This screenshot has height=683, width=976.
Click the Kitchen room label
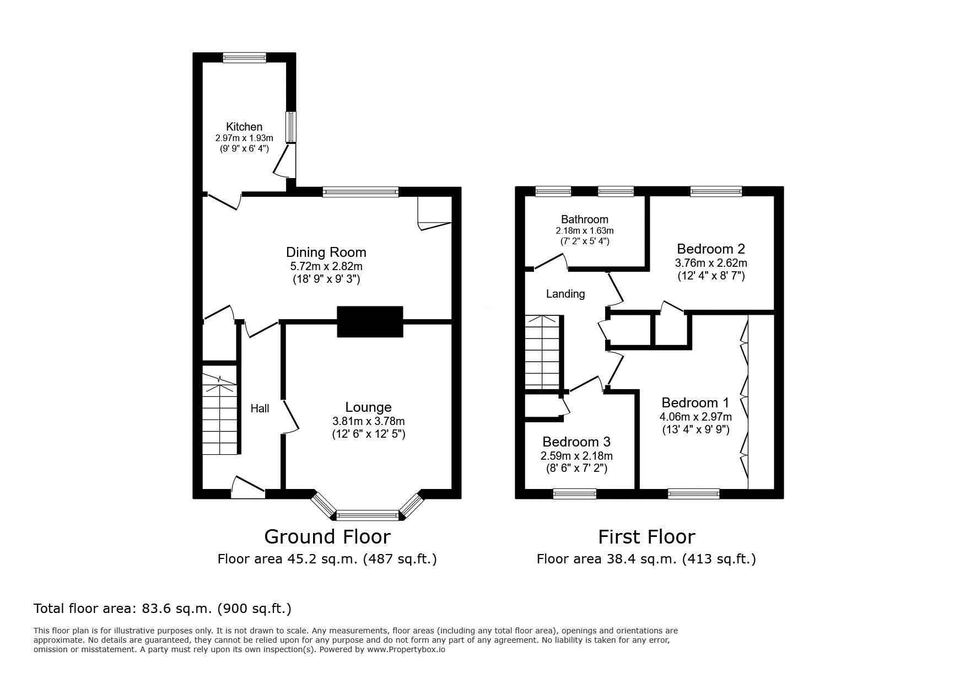[244, 127]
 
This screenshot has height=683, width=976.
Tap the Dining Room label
[326, 252]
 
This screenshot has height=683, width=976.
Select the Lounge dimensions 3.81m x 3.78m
[368, 421]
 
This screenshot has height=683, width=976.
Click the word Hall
[260, 408]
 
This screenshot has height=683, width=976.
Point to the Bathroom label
[585, 219]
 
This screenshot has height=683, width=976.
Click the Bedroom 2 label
[711, 249]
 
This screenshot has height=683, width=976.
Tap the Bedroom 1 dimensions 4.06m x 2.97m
[695, 417]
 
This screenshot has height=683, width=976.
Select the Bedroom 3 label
[576, 442]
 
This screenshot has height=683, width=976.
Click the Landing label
[565, 294]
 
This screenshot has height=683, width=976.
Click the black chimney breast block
[370, 321]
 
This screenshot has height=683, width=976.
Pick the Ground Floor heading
[327, 536]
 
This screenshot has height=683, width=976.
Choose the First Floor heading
[647, 536]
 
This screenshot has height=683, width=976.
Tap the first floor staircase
[542, 352]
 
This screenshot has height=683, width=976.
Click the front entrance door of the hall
[248, 487]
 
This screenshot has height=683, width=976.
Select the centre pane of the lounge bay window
[367, 516]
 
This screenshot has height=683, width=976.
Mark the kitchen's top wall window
[245, 57]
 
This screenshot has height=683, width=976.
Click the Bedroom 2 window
[716, 191]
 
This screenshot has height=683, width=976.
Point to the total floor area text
[163, 609]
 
